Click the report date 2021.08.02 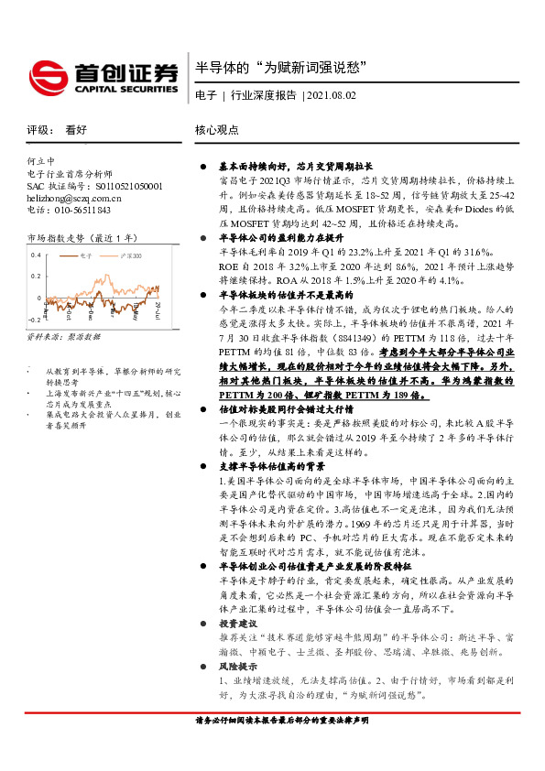coord(332,94)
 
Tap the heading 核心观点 coord(217,131)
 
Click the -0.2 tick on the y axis coord(34,319)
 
